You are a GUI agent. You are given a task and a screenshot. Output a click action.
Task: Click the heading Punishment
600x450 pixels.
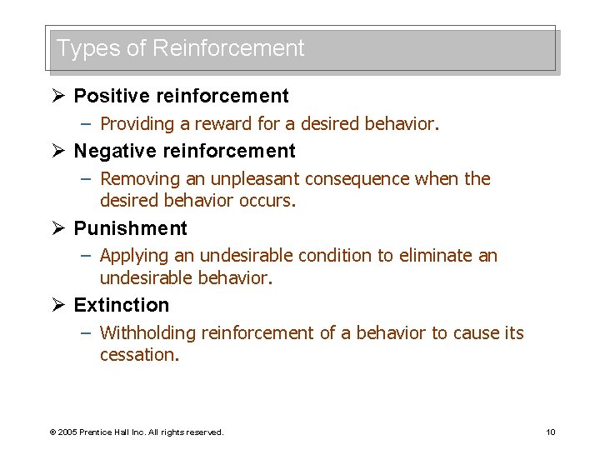(130, 228)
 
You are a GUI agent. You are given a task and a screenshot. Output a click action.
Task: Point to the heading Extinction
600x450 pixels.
(121, 305)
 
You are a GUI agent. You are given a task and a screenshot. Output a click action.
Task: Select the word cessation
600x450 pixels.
(139, 355)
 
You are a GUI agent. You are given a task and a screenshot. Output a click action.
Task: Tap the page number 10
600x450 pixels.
(550, 432)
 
